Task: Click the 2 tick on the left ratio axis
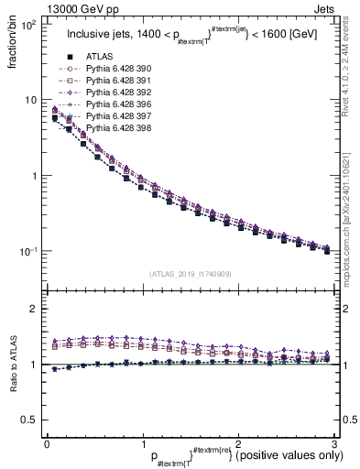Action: (37, 309)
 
